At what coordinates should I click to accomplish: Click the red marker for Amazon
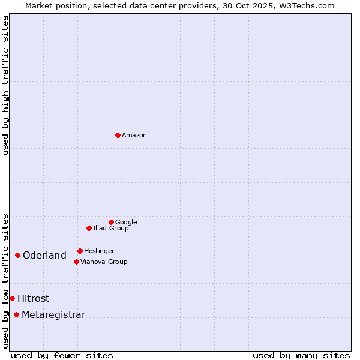(x=118, y=135)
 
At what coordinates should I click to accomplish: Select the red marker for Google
(x=111, y=222)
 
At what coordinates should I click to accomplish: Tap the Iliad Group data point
(x=89, y=228)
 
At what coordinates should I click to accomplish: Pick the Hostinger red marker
(x=80, y=251)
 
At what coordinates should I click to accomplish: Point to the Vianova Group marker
(x=76, y=262)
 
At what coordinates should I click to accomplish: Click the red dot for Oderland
(x=17, y=255)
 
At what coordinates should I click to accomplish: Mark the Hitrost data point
(x=12, y=298)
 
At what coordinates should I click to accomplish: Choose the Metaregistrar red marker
(x=16, y=315)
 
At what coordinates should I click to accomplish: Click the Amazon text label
(x=134, y=136)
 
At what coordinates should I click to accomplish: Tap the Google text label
(x=126, y=223)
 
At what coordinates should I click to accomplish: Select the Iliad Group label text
(x=111, y=229)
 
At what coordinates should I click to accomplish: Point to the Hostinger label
(x=99, y=251)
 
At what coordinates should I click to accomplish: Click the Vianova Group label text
(x=104, y=262)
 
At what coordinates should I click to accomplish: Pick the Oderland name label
(x=44, y=256)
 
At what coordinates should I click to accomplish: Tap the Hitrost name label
(x=34, y=299)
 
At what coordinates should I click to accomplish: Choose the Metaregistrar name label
(x=53, y=315)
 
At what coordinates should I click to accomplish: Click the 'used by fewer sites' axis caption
(x=62, y=355)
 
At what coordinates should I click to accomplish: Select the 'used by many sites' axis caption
(x=301, y=355)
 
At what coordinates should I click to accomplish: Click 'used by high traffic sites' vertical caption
(x=5, y=85)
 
